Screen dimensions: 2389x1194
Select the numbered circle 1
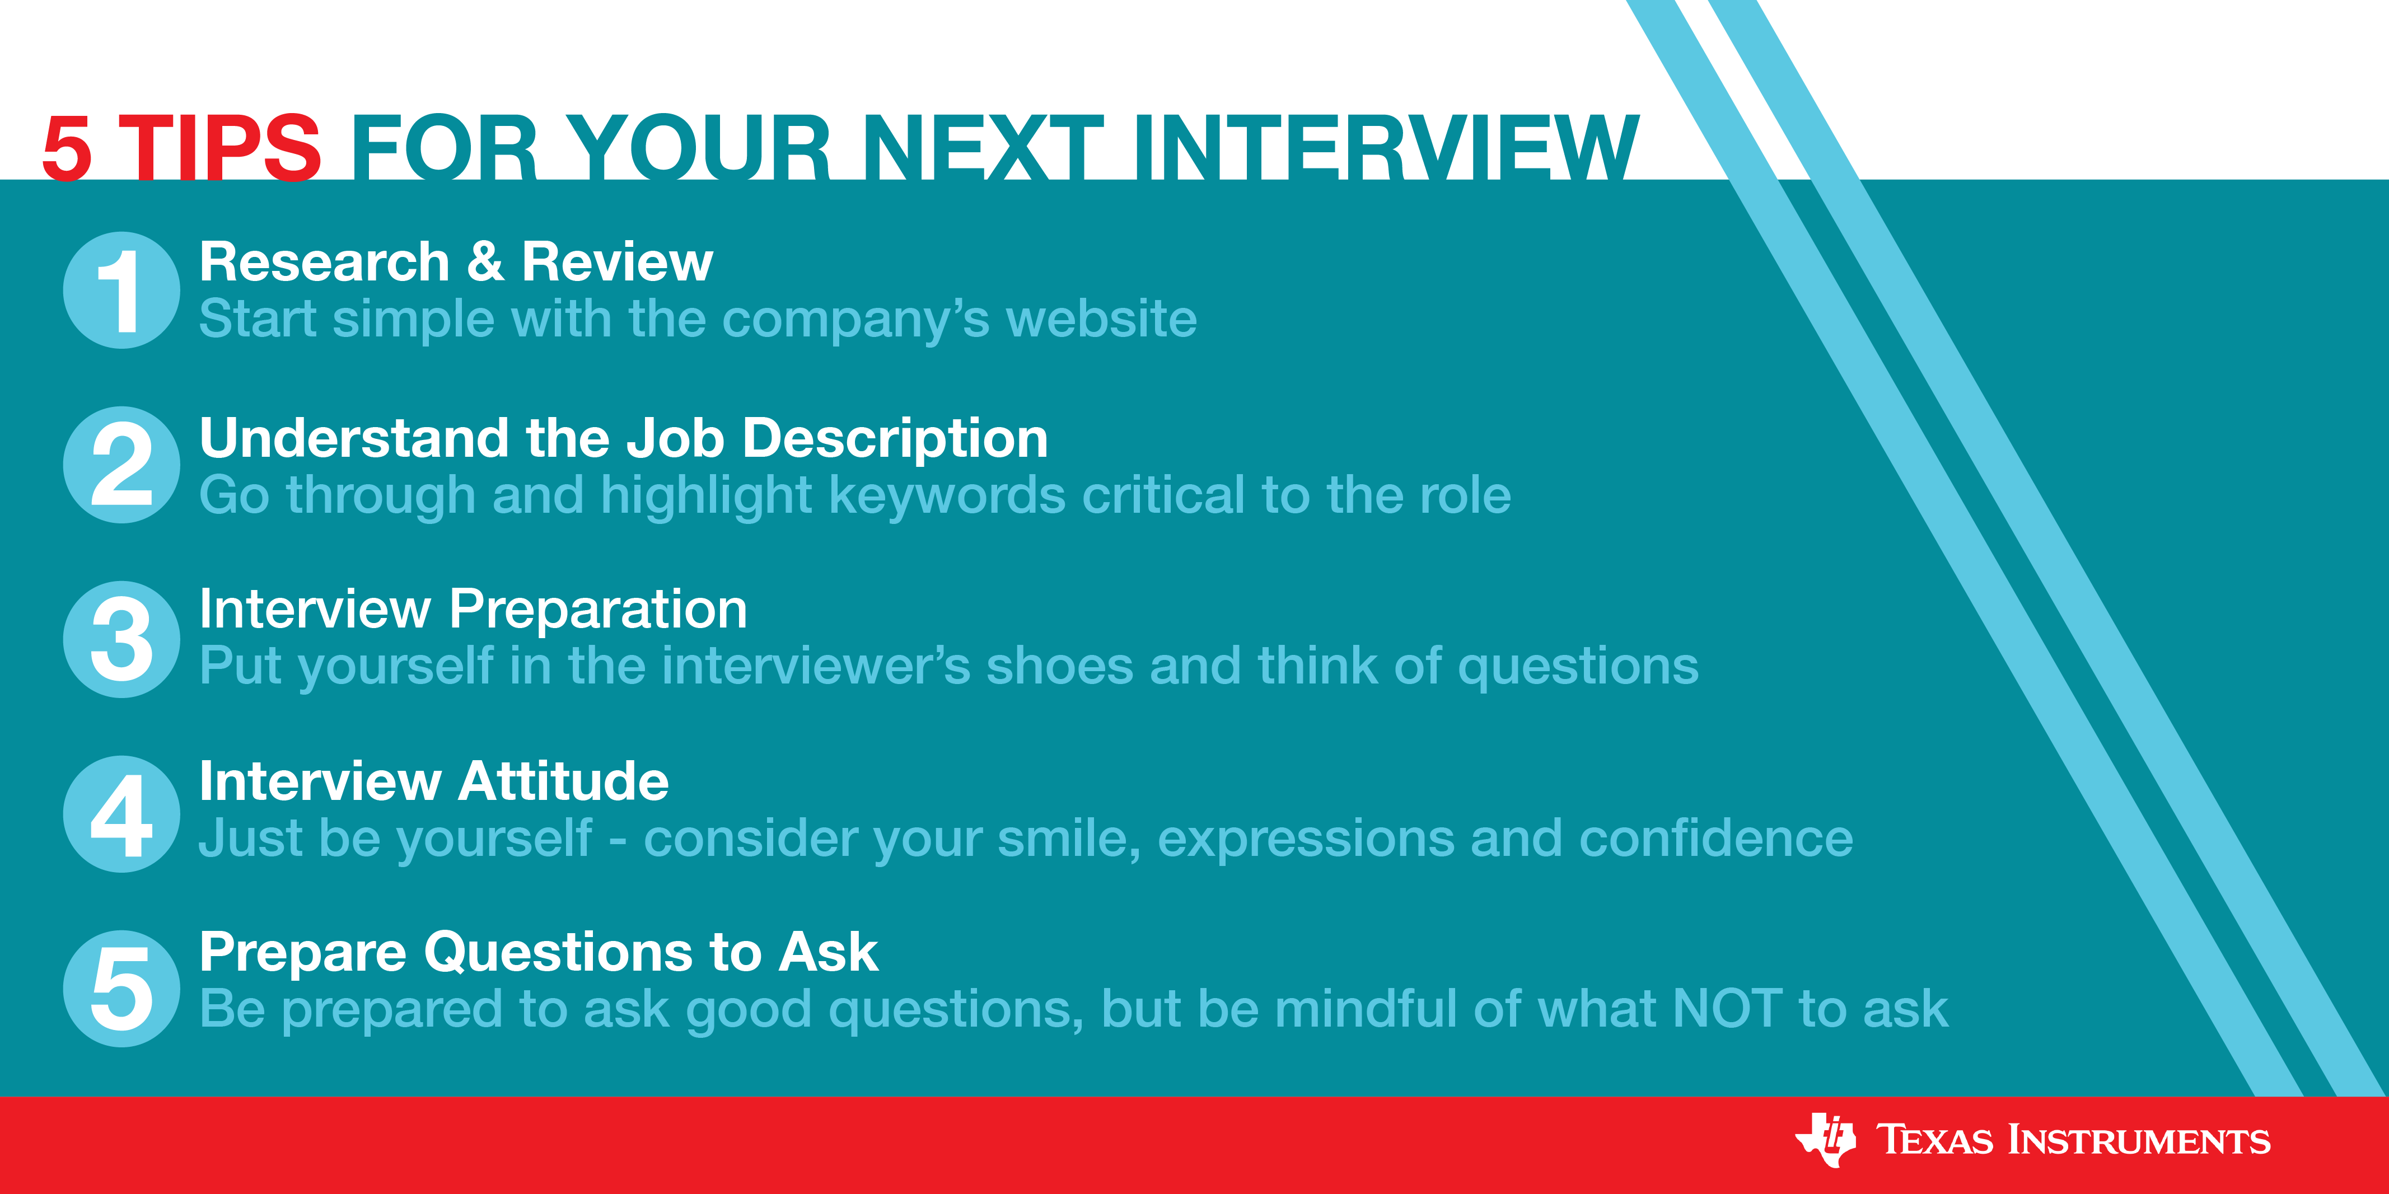[121, 290]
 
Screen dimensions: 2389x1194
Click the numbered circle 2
[121, 465]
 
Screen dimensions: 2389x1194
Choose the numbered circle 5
[121, 988]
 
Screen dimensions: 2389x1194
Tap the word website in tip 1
[1102, 319]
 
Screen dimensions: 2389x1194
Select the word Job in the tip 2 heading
[675, 438]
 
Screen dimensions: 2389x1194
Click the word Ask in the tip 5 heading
[828, 952]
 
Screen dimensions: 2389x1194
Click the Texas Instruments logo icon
[1825, 1139]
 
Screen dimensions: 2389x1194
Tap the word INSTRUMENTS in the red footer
[2139, 1140]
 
